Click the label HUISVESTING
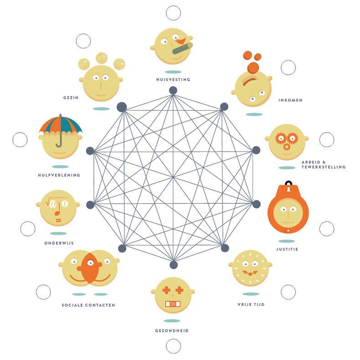172,79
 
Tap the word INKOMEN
290,100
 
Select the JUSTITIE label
287,249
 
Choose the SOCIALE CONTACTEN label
88,305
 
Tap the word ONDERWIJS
59,243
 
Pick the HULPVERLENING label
59,175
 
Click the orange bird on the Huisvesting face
181,42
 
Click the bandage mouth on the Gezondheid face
172,303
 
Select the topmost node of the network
173,90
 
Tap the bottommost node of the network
173,265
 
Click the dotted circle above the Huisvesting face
173,13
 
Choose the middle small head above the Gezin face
101,58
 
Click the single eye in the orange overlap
91,263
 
